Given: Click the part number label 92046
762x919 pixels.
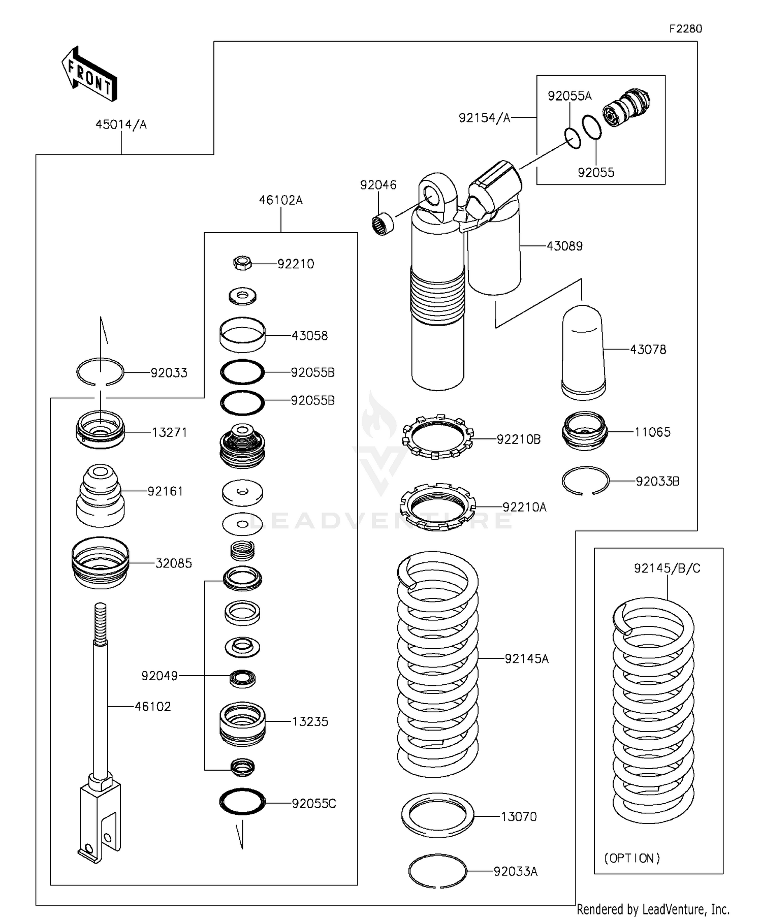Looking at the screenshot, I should [x=378, y=185].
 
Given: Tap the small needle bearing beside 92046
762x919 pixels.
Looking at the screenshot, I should [x=384, y=224].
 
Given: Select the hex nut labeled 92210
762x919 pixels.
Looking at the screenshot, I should [x=243, y=263].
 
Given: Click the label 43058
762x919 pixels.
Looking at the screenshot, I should [x=309, y=335].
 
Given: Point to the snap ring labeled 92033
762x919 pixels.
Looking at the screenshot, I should [x=100, y=372].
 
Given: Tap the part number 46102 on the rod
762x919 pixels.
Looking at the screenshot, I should [x=152, y=706].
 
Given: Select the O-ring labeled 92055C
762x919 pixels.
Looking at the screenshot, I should [x=242, y=802].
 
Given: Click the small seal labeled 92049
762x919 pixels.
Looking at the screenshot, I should [x=242, y=678].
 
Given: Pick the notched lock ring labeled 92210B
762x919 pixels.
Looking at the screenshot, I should [x=438, y=436].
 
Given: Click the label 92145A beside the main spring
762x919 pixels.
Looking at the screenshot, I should [x=526, y=658].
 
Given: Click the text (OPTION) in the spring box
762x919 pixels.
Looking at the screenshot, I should [x=632, y=858].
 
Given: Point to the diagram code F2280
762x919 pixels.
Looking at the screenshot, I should [x=685, y=29].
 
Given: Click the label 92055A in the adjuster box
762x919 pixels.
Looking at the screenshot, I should [x=569, y=96].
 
